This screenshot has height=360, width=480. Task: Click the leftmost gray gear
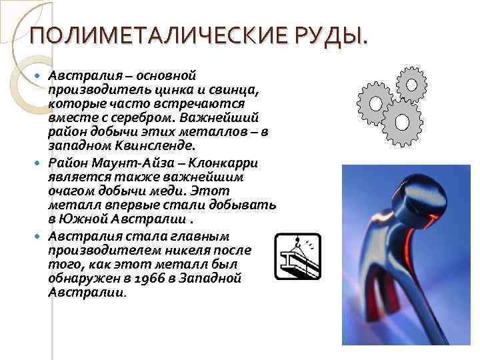[375, 103]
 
